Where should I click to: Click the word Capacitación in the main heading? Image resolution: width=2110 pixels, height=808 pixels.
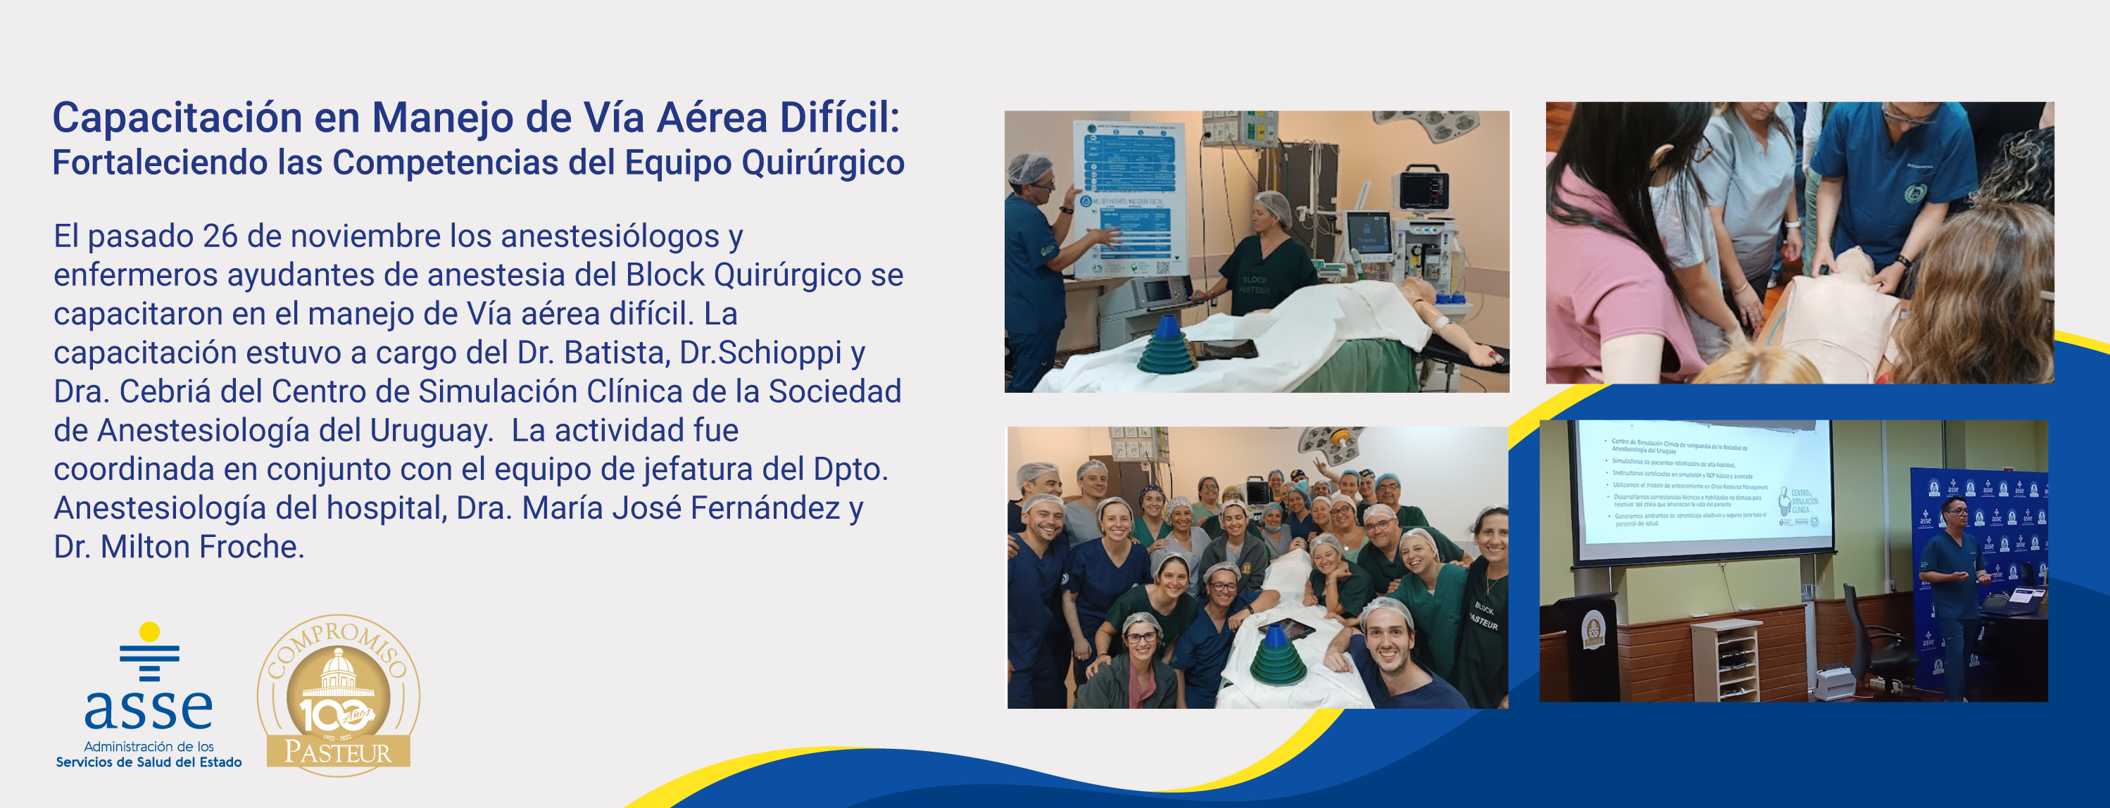coord(177,118)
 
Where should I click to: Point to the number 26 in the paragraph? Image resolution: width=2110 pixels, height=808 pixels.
coord(220,236)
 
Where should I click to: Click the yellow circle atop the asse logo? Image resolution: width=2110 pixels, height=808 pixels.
coord(149,632)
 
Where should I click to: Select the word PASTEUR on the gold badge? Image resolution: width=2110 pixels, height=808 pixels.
coord(337,752)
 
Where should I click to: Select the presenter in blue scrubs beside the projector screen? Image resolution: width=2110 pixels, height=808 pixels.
coord(1954,589)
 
